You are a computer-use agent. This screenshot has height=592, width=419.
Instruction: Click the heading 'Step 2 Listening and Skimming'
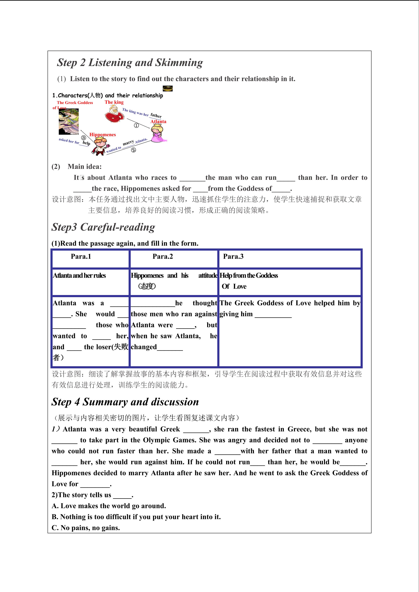click(130, 63)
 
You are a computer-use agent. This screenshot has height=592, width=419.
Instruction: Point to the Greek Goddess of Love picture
click(69, 121)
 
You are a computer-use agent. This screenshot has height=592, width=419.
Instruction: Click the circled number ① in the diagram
click(136, 126)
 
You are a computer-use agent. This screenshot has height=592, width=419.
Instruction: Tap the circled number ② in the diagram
click(133, 150)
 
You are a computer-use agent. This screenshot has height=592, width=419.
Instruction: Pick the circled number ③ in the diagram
click(84, 138)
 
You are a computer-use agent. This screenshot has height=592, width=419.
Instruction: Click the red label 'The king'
click(114, 102)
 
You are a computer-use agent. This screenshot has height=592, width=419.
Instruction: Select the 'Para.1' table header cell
click(81, 256)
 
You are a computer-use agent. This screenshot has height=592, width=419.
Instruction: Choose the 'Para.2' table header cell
click(163, 256)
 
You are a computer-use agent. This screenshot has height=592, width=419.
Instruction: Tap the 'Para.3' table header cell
click(233, 256)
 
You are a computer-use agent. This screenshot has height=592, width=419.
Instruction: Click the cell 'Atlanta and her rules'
click(80, 276)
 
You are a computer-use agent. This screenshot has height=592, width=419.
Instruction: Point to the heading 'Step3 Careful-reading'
click(103, 227)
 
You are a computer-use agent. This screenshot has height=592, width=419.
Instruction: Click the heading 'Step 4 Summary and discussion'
click(125, 402)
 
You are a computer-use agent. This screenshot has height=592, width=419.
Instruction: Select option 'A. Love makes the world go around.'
click(109, 506)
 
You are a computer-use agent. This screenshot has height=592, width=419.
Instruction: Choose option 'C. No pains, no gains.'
click(86, 528)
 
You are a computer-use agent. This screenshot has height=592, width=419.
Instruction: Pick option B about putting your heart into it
click(136, 517)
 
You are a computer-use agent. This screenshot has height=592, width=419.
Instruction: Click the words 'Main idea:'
click(85, 167)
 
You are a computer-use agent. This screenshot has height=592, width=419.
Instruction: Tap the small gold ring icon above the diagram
click(168, 88)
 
